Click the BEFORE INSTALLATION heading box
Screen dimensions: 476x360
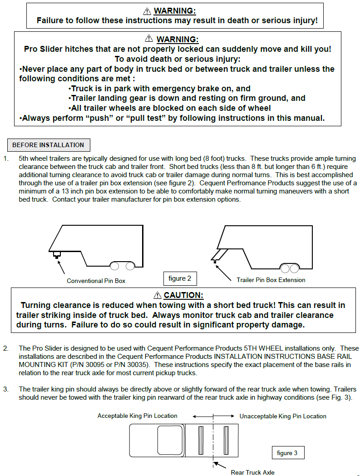pos(49,145)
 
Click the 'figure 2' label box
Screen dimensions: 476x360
pos(180,278)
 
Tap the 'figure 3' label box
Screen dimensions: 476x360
pos(287,453)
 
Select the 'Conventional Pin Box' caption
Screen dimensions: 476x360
pos(96,281)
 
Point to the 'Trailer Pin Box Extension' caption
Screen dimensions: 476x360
pos(271,280)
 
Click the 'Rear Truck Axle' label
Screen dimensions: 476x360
pos(252,472)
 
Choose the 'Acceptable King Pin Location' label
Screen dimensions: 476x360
pos(137,416)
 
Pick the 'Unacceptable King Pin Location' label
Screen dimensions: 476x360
pos(283,416)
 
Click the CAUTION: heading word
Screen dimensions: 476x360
pos(183,295)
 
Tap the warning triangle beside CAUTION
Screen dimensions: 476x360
pos(158,296)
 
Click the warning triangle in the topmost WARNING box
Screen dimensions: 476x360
pos(147,11)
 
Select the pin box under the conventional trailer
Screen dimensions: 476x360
pos(57,255)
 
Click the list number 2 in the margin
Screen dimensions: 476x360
pos(5,348)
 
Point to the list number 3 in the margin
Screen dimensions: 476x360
pos(5,389)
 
